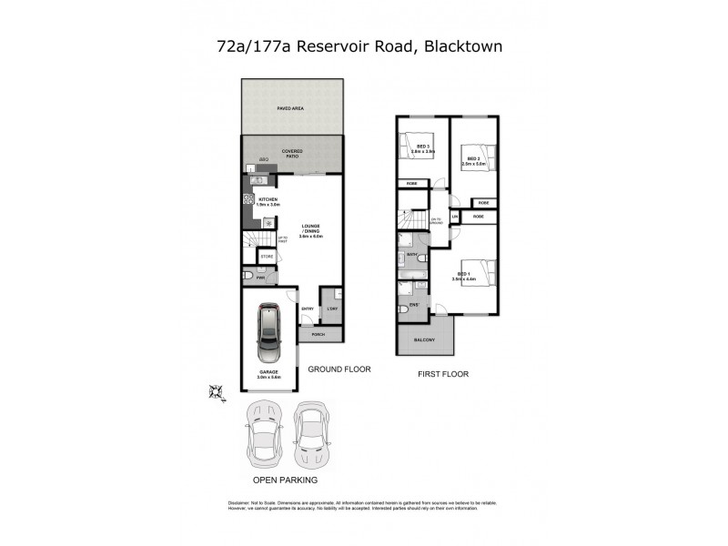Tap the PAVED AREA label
[290, 107]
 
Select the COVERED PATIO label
[292, 154]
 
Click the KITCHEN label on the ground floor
[268, 201]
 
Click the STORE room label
[267, 258]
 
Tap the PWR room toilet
[248, 278]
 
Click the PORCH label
[318, 334]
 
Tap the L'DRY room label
[332, 310]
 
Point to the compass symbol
[217, 392]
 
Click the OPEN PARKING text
[285, 479]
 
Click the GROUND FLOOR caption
[338, 369]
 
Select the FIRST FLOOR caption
[443, 374]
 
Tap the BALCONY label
[424, 340]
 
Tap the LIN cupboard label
[454, 216]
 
